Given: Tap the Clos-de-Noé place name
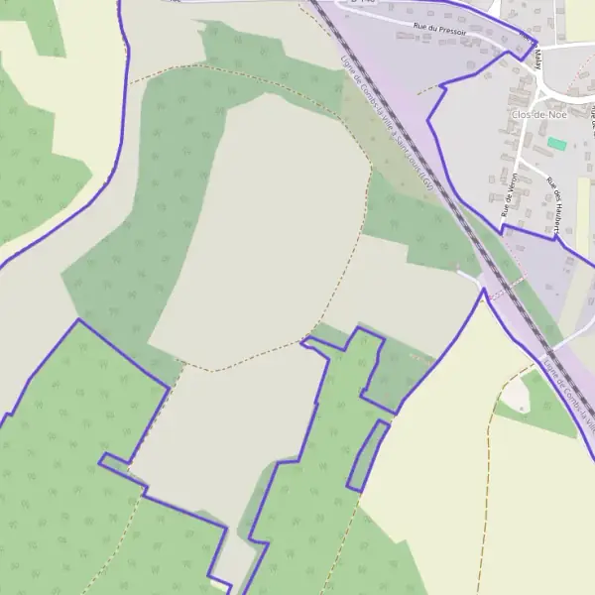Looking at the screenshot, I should [535, 115].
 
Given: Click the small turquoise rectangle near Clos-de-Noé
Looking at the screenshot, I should [557, 144].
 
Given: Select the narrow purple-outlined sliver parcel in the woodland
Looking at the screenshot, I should [367, 455].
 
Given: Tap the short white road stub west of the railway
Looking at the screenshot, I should [468, 274].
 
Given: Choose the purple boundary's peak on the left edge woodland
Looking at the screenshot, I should [78, 320].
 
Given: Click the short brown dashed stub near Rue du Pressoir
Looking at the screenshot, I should [425, 90].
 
